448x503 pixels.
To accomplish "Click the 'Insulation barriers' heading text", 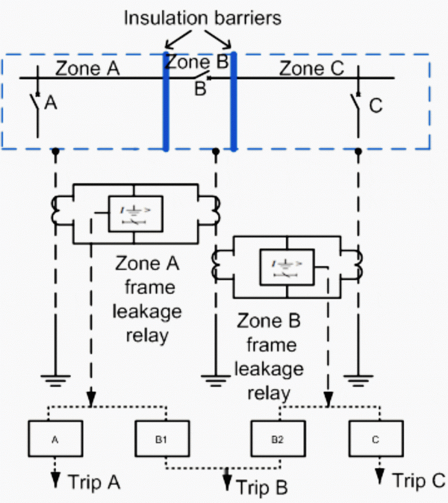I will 202,18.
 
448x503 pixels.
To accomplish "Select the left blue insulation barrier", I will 166,102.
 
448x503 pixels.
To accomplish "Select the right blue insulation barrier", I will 233,102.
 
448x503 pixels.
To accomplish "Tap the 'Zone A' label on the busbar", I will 87,69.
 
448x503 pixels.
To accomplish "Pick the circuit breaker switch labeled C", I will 358,105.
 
